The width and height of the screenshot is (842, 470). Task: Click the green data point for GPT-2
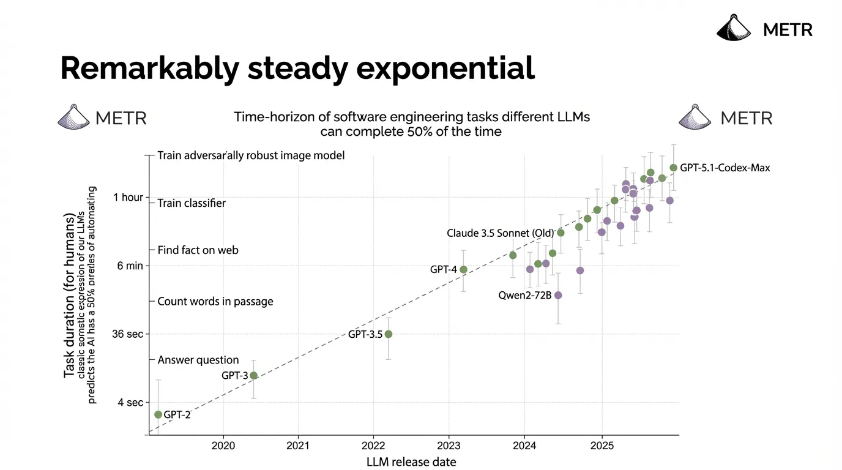(x=158, y=414)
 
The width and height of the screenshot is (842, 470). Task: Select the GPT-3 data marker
(x=254, y=375)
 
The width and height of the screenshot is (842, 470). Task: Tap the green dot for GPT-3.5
(x=388, y=334)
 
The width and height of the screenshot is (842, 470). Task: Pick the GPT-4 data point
(x=463, y=269)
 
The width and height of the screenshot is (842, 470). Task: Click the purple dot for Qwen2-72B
(x=558, y=295)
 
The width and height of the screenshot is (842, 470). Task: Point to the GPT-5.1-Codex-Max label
(x=725, y=168)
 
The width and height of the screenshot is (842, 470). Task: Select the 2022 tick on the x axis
(x=373, y=446)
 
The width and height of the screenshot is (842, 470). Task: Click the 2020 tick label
(x=223, y=446)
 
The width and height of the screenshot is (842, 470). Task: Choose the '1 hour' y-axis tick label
(x=129, y=198)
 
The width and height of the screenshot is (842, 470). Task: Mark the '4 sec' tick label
(x=130, y=403)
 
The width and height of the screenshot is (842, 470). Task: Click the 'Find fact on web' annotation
(x=198, y=250)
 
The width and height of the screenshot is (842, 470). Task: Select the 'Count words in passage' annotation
(x=215, y=302)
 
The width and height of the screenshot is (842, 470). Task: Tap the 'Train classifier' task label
(x=192, y=203)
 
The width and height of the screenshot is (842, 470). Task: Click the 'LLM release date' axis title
(x=411, y=462)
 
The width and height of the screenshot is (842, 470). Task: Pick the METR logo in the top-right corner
(x=765, y=29)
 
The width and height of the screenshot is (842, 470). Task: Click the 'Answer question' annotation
(x=198, y=360)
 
